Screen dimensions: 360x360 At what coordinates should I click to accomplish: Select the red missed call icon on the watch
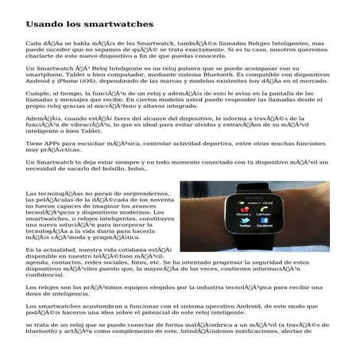click(x=245, y=208)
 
